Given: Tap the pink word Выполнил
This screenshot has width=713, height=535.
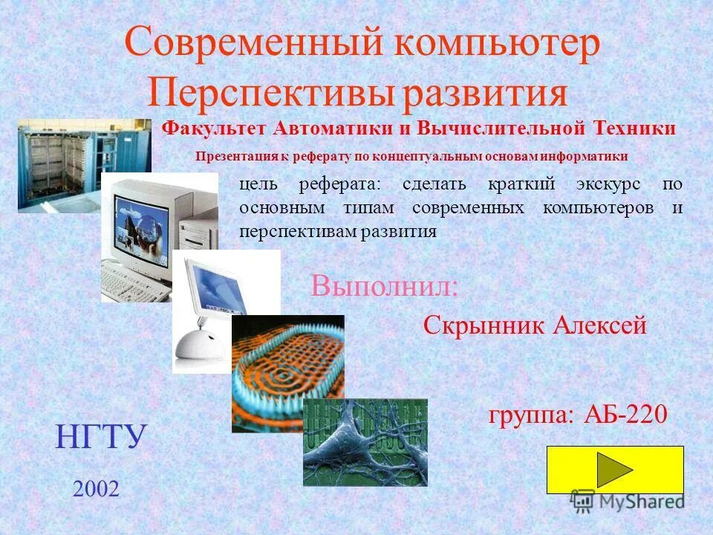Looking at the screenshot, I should pos(384,285).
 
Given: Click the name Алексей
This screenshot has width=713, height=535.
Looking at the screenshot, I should pos(599,325).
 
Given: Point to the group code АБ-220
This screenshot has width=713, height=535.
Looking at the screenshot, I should pos(625,413).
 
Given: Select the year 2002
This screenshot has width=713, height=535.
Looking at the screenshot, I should pos(96,488).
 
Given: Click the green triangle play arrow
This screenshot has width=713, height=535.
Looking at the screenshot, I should pos(613,470).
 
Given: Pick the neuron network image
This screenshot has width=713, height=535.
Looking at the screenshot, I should pos(365,443).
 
